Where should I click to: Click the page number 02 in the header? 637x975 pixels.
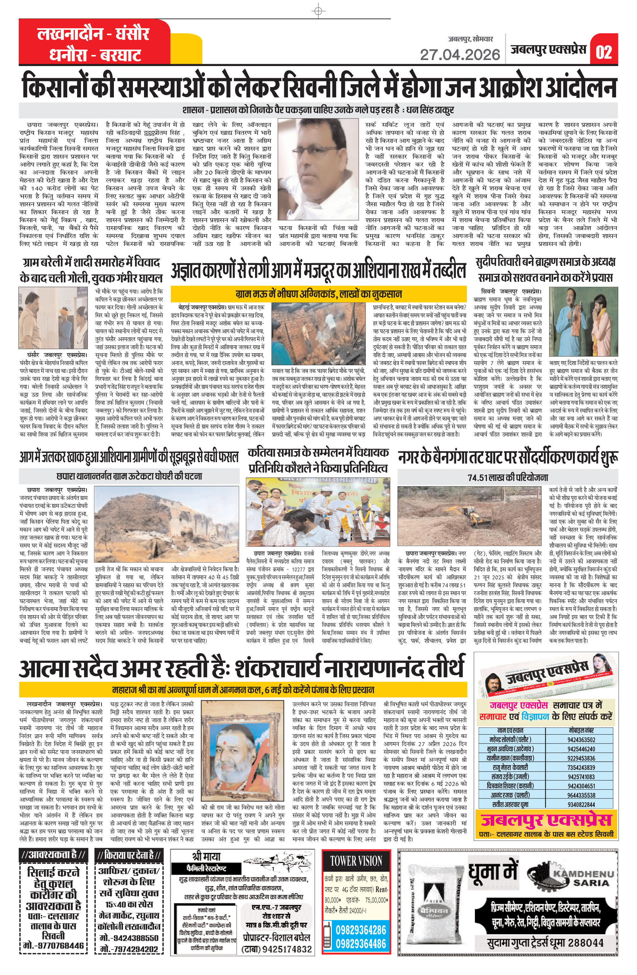coord(603,52)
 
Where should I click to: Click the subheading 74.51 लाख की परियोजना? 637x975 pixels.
coord(507,477)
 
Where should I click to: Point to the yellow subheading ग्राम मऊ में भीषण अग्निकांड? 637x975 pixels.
coord(318,294)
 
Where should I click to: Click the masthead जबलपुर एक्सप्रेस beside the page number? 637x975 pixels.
coord(548,50)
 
